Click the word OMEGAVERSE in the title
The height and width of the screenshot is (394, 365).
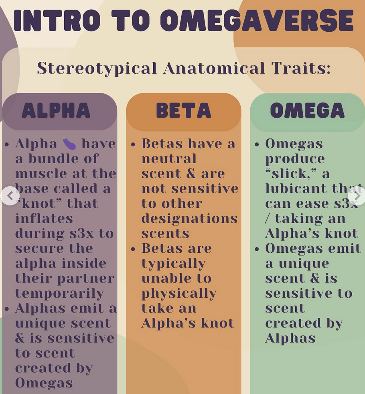pos(257,20)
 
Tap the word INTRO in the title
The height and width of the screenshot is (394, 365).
pos(57,20)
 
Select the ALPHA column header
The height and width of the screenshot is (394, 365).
pos(56,110)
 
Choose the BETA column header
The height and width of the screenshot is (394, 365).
pos(183,110)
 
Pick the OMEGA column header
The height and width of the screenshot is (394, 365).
pos(307,110)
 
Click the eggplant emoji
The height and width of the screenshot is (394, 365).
pos(69,143)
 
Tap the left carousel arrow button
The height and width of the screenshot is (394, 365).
pos(10,196)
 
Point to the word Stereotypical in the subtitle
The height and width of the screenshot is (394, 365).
pos(97,68)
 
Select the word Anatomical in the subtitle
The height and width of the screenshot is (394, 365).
pos(214,68)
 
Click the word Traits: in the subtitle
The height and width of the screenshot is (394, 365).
pos(301,68)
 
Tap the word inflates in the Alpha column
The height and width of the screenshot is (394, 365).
pos(44,218)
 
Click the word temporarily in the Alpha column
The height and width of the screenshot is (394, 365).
pos(60,293)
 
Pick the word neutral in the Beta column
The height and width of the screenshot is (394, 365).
pos(169,158)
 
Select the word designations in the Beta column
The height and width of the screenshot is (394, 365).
pos(190,219)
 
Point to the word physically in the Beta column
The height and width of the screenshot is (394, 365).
pos(179,293)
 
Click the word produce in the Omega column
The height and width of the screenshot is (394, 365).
pos(295,159)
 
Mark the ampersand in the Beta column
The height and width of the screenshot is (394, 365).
pos(191,173)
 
